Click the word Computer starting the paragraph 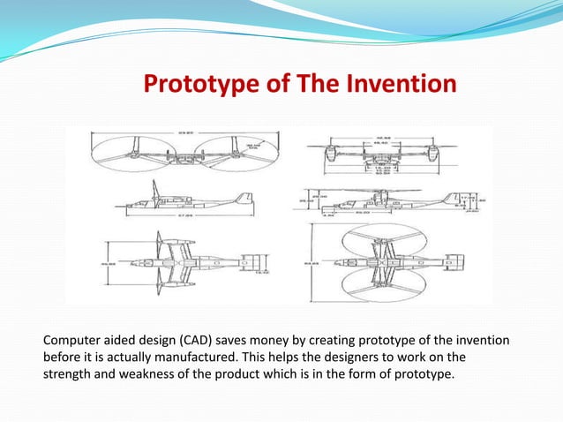click(x=72, y=341)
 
